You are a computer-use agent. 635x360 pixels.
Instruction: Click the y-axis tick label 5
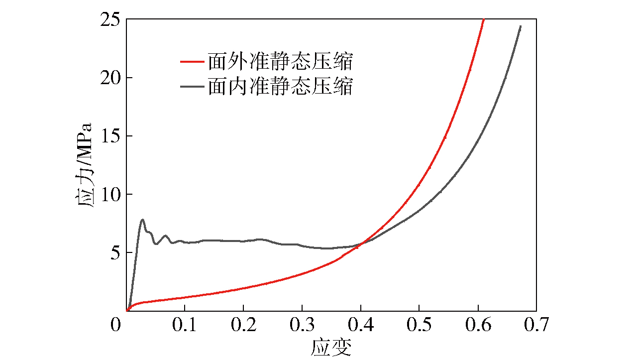[114, 253]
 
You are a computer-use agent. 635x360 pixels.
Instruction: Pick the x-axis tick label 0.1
[185, 326]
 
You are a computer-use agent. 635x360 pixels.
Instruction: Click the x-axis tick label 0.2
[243, 326]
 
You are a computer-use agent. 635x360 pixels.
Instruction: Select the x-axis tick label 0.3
[302, 326]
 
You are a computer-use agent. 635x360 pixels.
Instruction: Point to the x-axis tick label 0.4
[361, 326]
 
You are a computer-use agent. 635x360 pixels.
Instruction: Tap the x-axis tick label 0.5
[419, 326]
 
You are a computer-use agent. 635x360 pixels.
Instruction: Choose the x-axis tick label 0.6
[478, 326]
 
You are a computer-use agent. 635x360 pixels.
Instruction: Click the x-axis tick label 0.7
[536, 326]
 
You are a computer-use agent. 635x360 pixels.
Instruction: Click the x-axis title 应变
[331, 347]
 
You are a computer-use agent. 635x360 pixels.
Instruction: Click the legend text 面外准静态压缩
[281, 63]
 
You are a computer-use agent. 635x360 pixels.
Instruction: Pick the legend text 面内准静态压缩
[281, 87]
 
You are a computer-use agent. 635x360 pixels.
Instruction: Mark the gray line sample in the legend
[192, 87]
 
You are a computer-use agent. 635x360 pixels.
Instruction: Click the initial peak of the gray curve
[143, 219]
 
